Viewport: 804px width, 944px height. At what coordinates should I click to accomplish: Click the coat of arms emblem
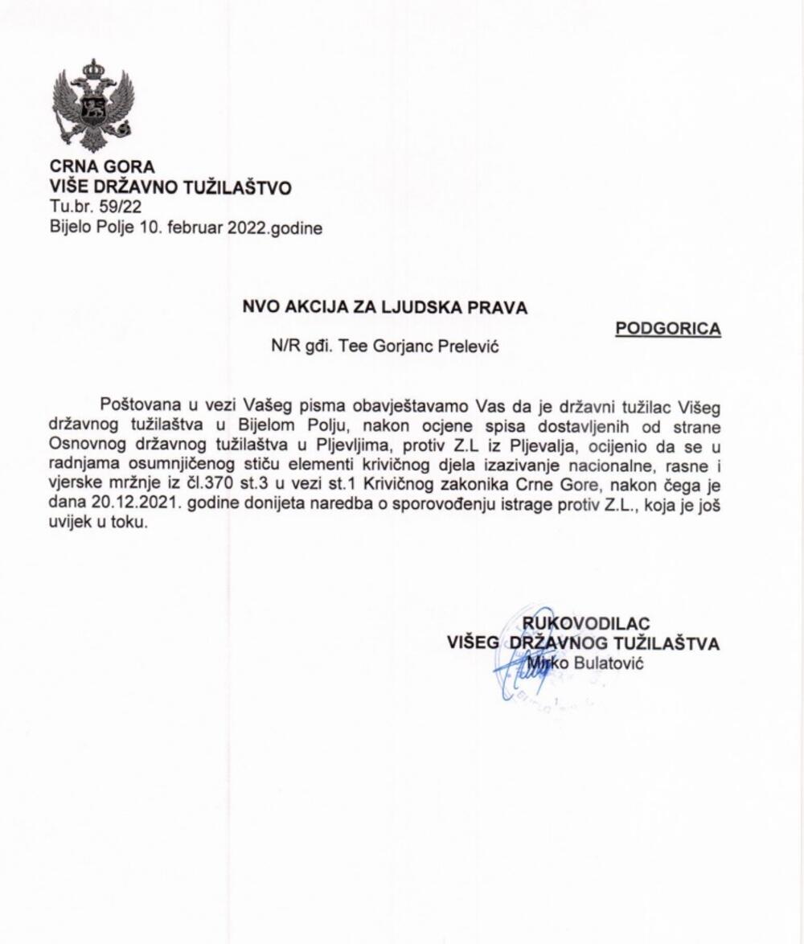(92, 105)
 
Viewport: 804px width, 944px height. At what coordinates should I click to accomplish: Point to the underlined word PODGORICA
(668, 329)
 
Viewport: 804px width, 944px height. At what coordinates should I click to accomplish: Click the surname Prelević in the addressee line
(478, 347)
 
